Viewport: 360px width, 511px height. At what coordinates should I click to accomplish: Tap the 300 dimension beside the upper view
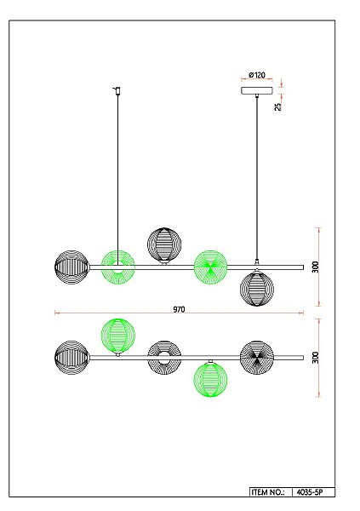315,267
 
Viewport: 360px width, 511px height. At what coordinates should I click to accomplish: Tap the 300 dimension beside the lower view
315,358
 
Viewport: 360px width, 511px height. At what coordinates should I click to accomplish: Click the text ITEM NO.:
268,492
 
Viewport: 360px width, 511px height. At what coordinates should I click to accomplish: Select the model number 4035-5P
313,492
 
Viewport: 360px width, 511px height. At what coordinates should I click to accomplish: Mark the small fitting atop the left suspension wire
117,89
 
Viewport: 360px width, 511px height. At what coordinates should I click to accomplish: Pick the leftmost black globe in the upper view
71,267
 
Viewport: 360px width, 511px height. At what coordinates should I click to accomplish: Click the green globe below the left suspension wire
118,267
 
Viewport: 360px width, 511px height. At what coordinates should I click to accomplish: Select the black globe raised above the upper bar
164,244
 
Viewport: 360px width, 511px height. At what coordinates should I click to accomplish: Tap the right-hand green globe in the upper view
210,267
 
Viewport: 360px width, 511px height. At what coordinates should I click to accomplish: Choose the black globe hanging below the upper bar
256,289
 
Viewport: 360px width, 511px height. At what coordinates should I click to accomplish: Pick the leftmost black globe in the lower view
71,357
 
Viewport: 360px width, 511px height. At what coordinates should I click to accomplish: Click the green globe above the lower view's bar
117,335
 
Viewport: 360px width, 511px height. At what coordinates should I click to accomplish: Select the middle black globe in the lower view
164,357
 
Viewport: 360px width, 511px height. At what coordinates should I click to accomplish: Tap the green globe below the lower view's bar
210,380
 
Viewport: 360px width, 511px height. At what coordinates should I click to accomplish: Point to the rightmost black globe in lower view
256,357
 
